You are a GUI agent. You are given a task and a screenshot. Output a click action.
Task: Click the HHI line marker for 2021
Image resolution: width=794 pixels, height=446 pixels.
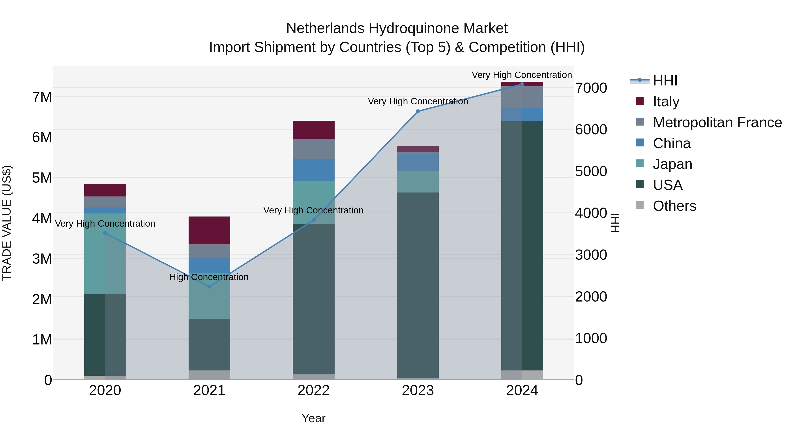coord(209,287)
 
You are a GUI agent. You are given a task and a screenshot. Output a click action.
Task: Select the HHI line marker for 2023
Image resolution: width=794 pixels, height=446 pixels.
coord(418,111)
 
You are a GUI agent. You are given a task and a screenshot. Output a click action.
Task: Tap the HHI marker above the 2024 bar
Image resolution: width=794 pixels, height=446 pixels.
coord(522,84)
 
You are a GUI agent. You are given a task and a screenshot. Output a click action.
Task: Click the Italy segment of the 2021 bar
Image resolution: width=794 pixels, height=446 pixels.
coord(209,230)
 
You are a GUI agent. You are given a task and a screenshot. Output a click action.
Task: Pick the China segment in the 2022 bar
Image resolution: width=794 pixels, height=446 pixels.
coord(313,170)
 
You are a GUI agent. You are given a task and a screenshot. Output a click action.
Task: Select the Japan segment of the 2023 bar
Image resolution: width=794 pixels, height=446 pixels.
coord(418,182)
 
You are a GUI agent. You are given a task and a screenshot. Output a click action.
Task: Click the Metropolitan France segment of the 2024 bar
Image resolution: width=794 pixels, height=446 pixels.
coord(522,97)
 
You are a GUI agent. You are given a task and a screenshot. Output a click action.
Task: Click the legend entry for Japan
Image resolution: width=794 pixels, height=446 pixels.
coord(672,164)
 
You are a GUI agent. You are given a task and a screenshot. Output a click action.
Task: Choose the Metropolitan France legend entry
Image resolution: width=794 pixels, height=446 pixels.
coord(717,122)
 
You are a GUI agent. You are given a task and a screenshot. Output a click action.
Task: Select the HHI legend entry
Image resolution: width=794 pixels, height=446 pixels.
coord(665,81)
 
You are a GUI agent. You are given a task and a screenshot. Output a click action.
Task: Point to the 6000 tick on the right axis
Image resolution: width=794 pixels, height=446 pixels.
coord(591,130)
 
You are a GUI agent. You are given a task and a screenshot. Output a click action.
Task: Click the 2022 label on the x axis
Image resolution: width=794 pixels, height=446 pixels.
coord(313,390)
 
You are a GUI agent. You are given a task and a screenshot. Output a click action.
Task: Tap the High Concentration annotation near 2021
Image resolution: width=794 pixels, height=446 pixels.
coord(209,277)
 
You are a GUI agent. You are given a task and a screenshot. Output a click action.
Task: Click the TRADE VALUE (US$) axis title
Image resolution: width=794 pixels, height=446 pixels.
coord(7,223)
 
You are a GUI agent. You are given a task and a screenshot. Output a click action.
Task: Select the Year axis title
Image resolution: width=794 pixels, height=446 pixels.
coord(313,418)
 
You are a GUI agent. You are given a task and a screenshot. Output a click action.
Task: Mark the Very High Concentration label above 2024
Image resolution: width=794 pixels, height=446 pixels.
coord(522,75)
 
